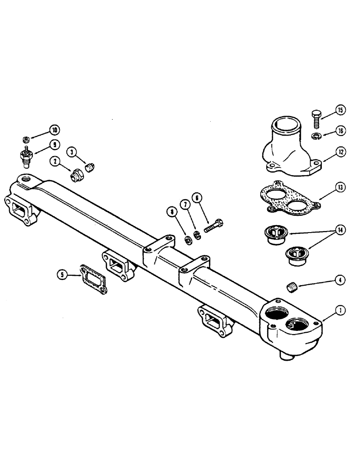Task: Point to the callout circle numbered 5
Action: (x=62, y=275)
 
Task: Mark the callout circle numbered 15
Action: (x=340, y=111)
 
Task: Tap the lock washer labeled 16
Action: (x=316, y=136)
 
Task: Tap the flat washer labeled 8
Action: (x=187, y=240)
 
